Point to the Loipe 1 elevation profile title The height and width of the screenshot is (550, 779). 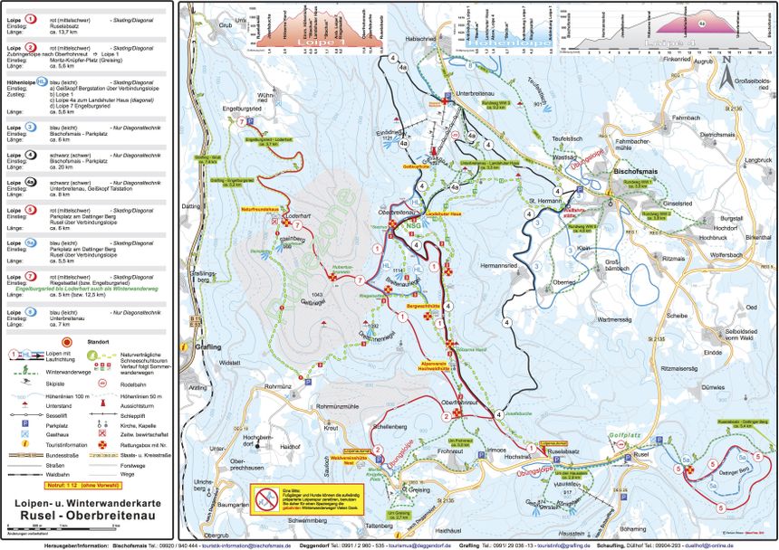tap(313, 43)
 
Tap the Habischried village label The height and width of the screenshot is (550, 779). tap(421, 64)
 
